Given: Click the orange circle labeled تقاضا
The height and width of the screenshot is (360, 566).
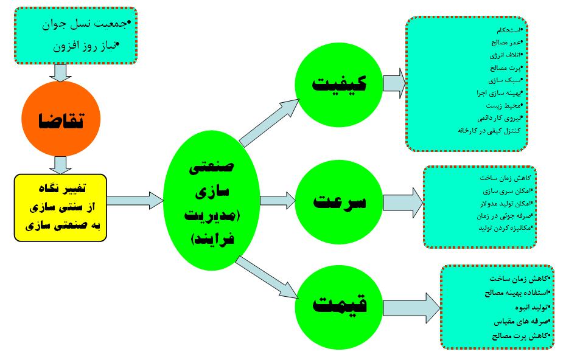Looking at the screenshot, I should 59,120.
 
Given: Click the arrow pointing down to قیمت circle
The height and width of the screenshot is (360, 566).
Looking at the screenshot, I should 268,277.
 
